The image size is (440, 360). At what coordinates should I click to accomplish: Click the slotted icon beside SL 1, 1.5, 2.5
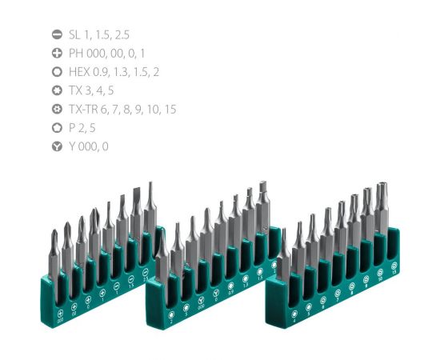point(57,34)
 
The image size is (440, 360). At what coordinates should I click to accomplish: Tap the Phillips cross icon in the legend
point(57,53)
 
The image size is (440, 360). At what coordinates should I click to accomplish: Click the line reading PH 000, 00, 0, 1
point(106,53)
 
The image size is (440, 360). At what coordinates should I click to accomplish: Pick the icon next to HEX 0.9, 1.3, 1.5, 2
point(57,72)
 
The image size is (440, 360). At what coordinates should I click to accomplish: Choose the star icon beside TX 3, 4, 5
point(57,90)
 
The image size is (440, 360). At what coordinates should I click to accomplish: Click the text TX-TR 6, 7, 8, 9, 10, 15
point(122,110)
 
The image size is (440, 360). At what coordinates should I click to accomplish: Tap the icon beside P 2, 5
point(57,128)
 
